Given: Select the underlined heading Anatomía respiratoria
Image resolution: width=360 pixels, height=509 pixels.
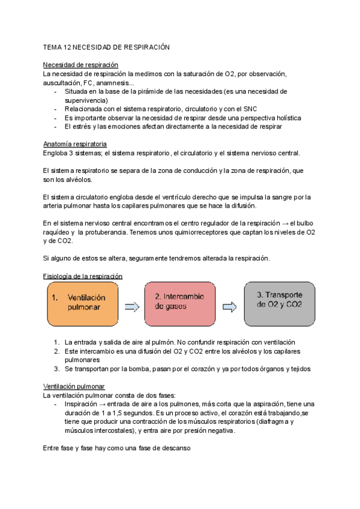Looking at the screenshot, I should point(75,145).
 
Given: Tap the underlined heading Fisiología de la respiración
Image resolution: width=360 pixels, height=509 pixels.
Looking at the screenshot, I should point(83,276).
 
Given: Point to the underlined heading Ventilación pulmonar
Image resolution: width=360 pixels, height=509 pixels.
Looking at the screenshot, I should point(74,387).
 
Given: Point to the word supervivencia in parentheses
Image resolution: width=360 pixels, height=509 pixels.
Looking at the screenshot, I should point(90,100).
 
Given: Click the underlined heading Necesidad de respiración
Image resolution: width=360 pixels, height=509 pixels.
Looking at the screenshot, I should point(80,65).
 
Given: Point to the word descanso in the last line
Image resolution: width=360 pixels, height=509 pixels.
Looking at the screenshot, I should point(175,448).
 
